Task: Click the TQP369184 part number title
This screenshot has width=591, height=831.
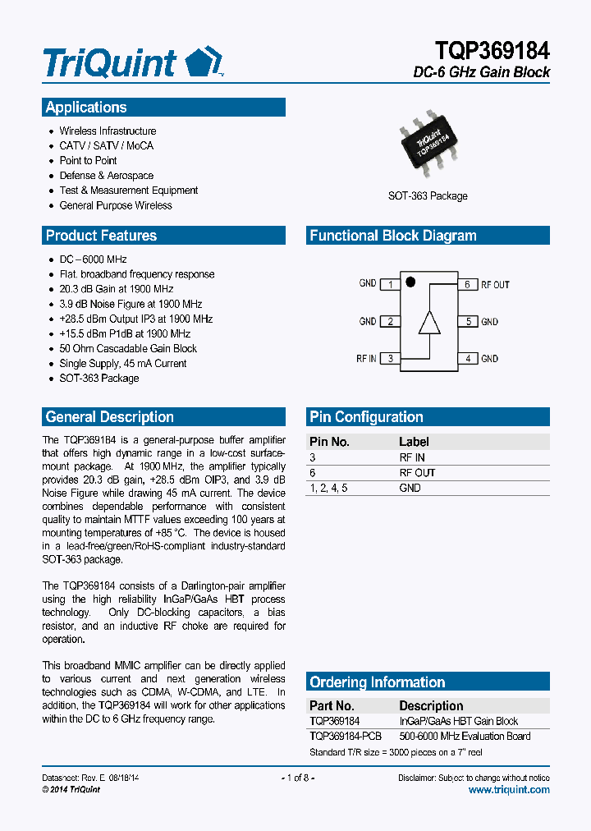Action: pos(488,51)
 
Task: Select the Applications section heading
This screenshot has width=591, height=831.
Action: pos(86,108)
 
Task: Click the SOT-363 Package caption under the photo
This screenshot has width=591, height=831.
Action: pos(428,196)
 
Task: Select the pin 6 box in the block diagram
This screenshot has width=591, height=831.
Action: pos(467,284)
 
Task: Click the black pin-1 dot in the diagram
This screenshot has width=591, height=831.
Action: pos(411,282)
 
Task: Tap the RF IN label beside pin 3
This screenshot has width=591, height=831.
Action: pos(366,359)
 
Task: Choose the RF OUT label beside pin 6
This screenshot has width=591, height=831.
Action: pos(495,285)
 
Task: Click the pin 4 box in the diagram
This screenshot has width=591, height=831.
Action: pos(467,359)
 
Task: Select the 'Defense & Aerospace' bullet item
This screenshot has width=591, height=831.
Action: pos(106,176)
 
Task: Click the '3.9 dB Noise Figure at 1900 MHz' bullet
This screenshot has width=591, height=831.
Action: pos(131,304)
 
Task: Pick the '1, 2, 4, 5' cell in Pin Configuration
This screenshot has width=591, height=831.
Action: pos(328,488)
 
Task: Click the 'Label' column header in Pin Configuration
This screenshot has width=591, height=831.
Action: pos(414,442)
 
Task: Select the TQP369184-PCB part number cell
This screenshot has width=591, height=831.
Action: pos(346,737)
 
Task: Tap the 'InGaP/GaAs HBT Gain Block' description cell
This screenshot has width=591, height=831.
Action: pos(458,721)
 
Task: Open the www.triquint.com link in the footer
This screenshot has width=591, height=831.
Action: pos(509,789)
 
